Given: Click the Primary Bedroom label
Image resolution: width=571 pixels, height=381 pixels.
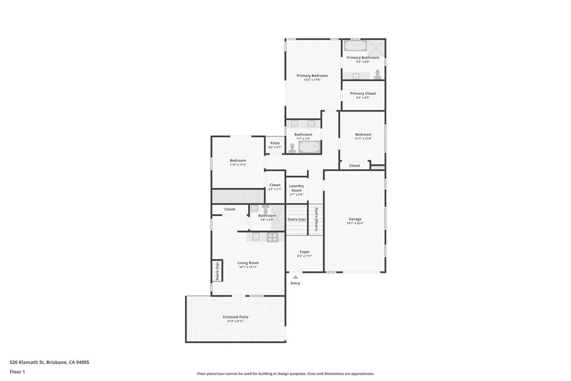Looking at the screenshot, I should tap(312, 76).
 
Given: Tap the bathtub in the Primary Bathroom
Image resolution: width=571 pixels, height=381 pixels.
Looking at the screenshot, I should tap(355, 46).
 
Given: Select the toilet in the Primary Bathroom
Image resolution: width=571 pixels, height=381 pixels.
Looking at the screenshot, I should tap(378, 73).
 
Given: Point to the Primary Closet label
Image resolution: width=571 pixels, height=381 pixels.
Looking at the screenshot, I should tap(362, 94).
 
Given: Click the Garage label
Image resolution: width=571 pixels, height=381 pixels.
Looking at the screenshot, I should tap(355, 219).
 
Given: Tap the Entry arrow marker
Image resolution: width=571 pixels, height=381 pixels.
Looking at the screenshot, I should tap(295, 276).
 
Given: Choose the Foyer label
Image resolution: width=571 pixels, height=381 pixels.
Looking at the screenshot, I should tap(304, 252).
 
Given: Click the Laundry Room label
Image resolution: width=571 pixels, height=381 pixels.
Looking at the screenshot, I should tap(296, 188).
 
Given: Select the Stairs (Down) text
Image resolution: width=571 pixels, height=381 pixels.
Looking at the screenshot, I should tap(316, 219).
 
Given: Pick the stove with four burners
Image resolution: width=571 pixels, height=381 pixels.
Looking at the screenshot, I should tap(272, 237).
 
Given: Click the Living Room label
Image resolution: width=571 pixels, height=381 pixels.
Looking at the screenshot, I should tap(248, 263).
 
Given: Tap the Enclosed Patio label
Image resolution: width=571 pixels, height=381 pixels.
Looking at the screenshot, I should tap(235, 317).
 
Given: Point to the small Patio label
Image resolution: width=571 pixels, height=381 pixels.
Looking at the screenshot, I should tap(275, 143).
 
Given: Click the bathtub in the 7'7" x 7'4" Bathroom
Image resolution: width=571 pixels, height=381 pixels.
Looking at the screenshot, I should tap(309, 147).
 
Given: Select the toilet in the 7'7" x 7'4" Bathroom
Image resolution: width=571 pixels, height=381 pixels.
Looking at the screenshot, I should tap(292, 147).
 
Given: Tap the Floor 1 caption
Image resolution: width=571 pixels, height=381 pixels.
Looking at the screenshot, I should tap(17, 372).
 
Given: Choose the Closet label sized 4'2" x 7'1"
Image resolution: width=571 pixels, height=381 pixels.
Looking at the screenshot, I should tap(275, 185).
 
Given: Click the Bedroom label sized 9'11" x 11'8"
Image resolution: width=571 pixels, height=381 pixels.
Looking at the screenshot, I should tap(363, 134).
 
